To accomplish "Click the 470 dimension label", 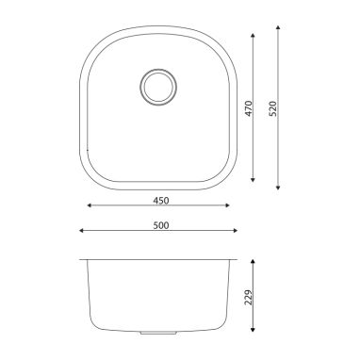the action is tap(249, 108).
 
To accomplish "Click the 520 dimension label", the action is tap(273, 108).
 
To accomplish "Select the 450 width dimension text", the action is tap(161, 201).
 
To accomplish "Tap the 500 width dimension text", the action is tap(161, 225).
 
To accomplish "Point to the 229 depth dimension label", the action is tap(249, 297).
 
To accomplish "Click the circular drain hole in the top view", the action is tap(158, 87).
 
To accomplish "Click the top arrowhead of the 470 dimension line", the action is tap(253, 35).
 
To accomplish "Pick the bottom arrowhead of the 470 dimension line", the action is tap(253, 180).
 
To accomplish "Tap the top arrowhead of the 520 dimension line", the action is tap(278, 27).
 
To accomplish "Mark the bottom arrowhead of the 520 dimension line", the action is tap(278, 188).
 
